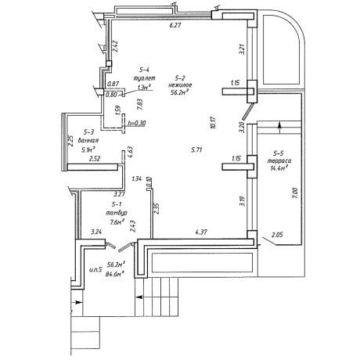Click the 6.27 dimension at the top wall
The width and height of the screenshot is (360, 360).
[175, 25]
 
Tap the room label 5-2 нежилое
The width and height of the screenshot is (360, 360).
[180, 81]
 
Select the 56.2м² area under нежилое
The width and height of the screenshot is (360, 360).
[179, 92]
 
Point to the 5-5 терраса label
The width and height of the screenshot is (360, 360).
[279, 157]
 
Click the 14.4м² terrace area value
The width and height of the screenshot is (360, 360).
[279, 167]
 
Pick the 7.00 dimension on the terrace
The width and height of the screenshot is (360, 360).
[295, 193]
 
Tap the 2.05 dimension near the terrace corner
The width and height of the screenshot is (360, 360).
[277, 235]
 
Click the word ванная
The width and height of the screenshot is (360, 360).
[88, 140]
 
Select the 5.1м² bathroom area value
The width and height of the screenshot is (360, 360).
[88, 150]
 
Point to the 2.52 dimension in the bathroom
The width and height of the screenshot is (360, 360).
[95, 159]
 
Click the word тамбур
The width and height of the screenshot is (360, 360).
[117, 213]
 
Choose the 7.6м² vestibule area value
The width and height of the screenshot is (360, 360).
[117, 222]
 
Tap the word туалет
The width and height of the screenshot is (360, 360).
[144, 78]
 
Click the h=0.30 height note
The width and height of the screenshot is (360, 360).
[136, 123]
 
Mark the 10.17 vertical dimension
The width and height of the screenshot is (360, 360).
[213, 123]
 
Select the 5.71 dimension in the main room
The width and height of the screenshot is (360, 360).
[196, 149]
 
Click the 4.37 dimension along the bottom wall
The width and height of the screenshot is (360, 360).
[201, 232]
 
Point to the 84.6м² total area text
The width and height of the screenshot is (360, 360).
[114, 274]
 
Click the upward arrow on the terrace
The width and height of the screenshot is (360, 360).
[279, 128]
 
